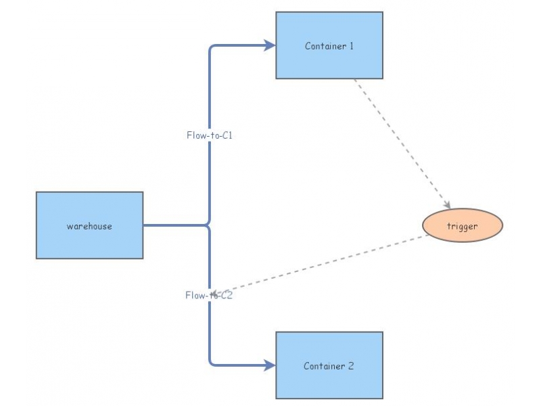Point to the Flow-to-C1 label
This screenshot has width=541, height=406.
(x=210, y=135)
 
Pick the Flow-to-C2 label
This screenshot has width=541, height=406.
(x=209, y=296)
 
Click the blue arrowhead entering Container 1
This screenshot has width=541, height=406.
(x=270, y=45)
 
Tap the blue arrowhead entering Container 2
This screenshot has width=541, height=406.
(x=270, y=365)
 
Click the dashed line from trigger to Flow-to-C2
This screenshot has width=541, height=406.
(x=325, y=265)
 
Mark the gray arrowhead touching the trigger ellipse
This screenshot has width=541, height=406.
(x=446, y=204)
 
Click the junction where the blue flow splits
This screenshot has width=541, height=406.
(x=209, y=225)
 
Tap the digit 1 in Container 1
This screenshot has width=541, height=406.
(x=351, y=47)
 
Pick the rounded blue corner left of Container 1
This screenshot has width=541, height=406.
(x=212, y=48)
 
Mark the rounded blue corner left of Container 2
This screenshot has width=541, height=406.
(x=212, y=363)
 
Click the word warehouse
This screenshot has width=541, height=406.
(x=89, y=226)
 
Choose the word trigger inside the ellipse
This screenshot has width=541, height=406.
(x=463, y=227)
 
